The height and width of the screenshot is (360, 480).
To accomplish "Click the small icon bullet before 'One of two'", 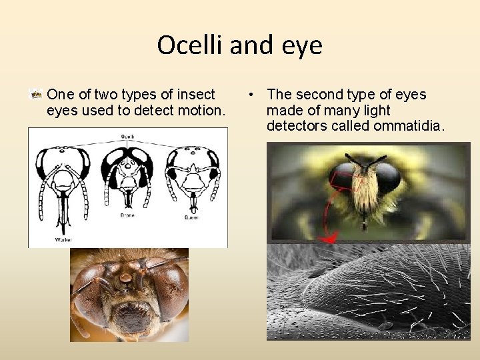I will pos(37,95).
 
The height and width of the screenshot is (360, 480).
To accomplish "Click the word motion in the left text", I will pos(199,110).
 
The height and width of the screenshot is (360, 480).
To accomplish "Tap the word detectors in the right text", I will pos(297,125).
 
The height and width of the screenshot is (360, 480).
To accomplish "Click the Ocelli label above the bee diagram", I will pos(127,136).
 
